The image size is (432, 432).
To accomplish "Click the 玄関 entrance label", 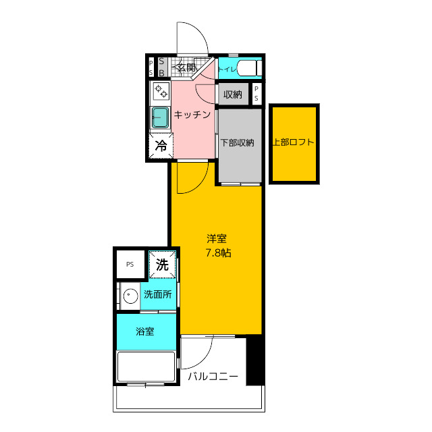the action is click(186, 67).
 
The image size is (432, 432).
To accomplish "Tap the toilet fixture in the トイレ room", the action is click(249, 68).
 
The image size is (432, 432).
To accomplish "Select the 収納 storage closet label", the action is click(233, 94).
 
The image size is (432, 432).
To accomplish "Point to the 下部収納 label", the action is click(237, 142).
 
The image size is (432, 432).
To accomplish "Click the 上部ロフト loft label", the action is click(294, 142).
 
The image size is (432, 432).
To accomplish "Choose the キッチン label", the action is click(192, 115).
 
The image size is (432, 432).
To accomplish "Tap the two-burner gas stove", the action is click(161, 92).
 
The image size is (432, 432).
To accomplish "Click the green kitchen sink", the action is click(161, 117).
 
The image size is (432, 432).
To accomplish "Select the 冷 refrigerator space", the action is click(161, 146).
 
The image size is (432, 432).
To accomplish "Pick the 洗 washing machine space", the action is click(162, 265).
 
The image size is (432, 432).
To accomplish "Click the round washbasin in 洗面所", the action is click(130, 296).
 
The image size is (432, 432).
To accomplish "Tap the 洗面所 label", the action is click(158, 294).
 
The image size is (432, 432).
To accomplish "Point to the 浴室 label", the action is click(145, 331).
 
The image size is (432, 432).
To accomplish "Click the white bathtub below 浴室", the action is click(146, 367).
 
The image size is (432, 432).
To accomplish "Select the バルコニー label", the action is click(213, 377).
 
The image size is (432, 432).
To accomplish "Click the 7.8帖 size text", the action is click(219, 252).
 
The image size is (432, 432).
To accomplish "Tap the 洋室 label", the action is click(217, 238).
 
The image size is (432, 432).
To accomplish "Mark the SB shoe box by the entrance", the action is click(162, 67).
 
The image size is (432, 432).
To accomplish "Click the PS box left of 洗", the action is click(130, 264).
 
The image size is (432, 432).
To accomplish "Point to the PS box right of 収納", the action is click(256, 94).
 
